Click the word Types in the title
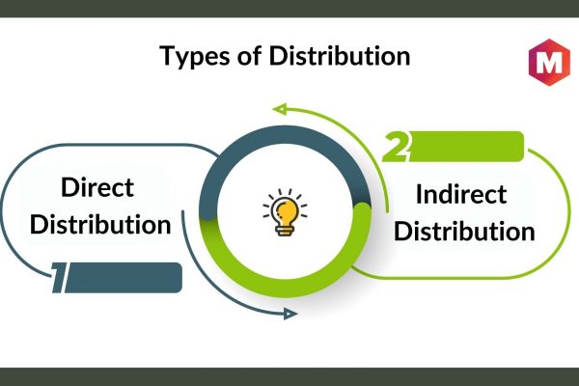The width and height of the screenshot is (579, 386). [x=196, y=56]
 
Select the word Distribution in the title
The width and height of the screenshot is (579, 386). [x=340, y=55]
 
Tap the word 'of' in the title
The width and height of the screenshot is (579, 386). [x=250, y=56]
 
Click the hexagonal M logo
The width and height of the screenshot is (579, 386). [x=549, y=62]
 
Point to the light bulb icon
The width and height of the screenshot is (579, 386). [x=285, y=212]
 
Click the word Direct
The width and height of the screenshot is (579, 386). [x=97, y=187]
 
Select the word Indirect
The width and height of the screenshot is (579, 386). [x=461, y=194]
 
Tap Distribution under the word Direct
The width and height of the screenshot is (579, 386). [x=100, y=224]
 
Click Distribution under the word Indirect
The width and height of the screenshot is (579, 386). [x=464, y=231]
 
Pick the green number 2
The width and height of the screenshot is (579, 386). [x=396, y=147]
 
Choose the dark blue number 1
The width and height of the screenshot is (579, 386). [x=59, y=278]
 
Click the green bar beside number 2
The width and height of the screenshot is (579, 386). [x=466, y=147]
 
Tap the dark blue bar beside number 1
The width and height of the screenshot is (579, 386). [x=124, y=278]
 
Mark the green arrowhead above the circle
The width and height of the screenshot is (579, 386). [x=280, y=109]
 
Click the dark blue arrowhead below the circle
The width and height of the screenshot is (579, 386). [x=290, y=314]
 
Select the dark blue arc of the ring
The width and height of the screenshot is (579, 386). [x=285, y=135]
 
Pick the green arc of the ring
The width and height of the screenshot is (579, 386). [x=285, y=289]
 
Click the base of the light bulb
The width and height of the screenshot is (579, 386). [x=285, y=231]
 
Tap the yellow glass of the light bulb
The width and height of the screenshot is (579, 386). [x=286, y=211]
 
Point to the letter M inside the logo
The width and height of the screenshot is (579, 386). [x=549, y=62]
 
